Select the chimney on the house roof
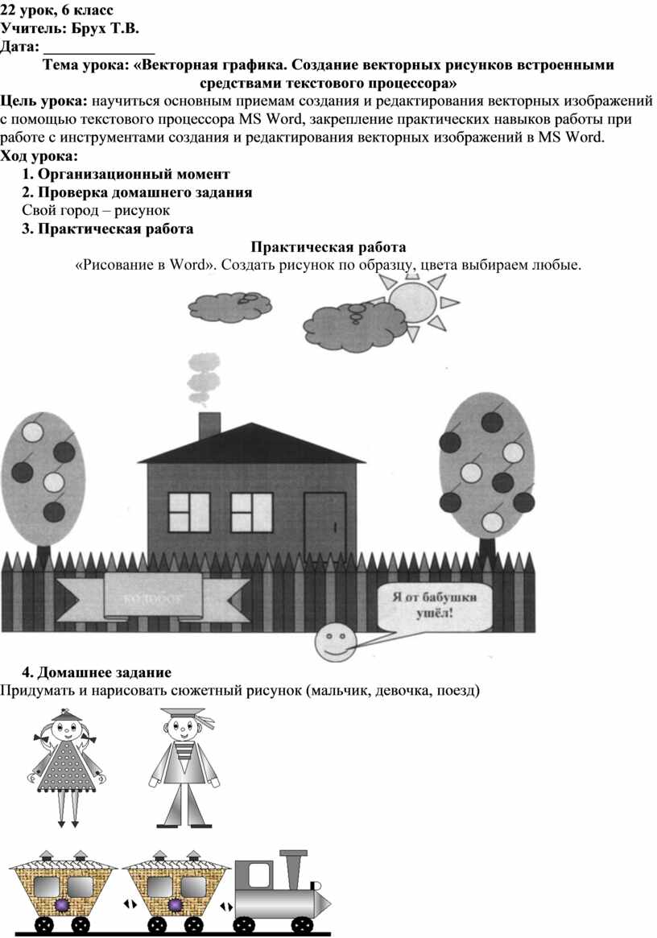(209, 425)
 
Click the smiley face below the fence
(333, 640)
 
